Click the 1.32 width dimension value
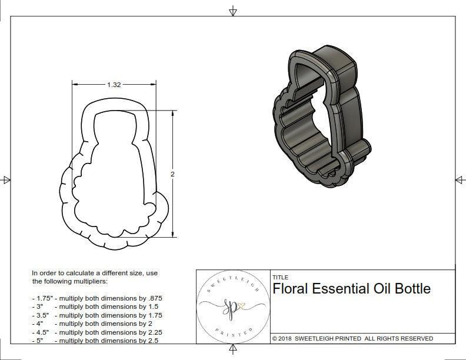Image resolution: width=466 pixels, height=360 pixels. point(114,85)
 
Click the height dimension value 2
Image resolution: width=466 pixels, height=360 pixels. point(172,174)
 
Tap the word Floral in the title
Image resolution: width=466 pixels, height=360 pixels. point(291,289)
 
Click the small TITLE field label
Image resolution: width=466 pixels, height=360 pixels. point(280,277)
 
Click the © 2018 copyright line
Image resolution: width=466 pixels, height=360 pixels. point(352,338)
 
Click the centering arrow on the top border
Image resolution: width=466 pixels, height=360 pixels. point(233,10)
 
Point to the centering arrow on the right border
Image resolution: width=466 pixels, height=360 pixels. point(460,180)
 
